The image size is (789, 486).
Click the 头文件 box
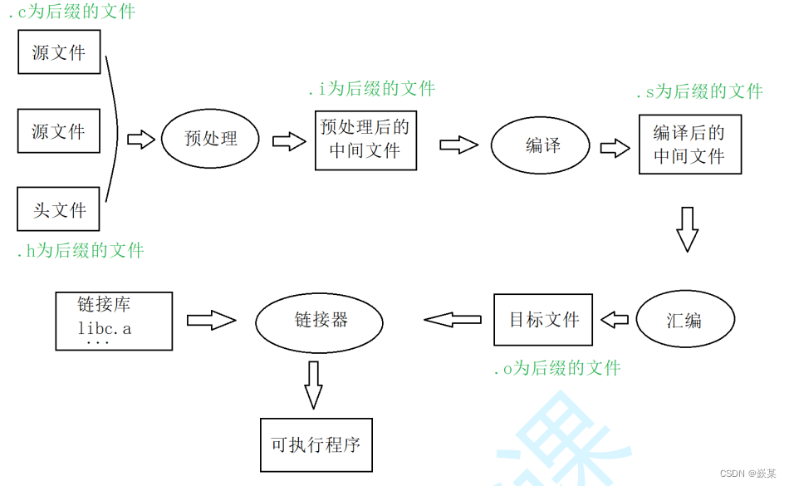click(58, 209)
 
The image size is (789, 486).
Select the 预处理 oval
click(210, 139)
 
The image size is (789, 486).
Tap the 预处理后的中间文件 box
click(365, 140)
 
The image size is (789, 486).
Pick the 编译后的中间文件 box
click(689, 145)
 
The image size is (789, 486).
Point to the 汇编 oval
click(685, 321)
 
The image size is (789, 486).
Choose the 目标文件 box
click(543, 320)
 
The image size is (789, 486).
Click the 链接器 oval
click(319, 321)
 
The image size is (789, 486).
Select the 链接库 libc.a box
click(114, 321)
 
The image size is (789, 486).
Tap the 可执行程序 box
click(316, 444)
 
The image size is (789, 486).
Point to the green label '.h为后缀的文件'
click(81, 251)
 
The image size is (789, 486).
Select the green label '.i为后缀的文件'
click(371, 89)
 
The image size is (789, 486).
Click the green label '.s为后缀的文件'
click(698, 92)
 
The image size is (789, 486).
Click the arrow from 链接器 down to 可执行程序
click(313, 384)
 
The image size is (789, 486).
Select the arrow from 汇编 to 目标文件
click(615, 320)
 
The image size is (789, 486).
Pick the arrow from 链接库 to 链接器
click(211, 320)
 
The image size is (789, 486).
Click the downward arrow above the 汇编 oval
click(687, 228)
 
